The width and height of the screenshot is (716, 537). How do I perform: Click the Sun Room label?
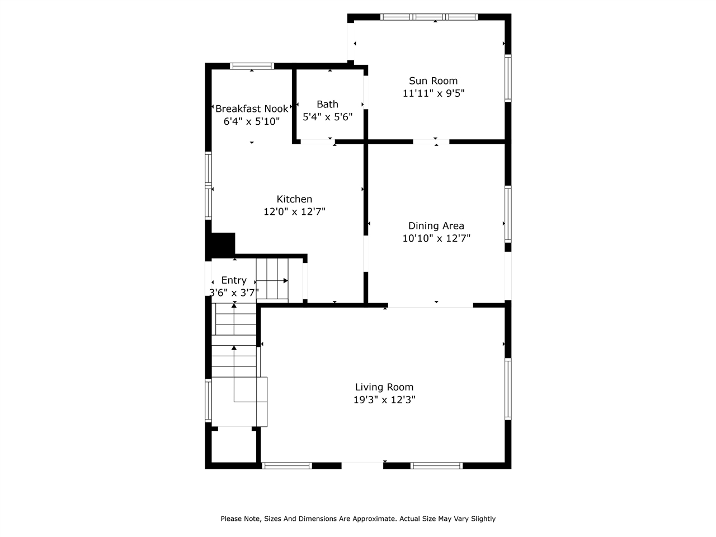pyautogui.click(x=433, y=81)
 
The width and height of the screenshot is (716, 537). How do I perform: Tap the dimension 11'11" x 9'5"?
pyautogui.click(x=433, y=93)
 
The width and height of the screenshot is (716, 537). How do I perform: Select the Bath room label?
pyautogui.click(x=327, y=104)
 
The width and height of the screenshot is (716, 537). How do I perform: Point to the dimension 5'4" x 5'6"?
pyautogui.click(x=327, y=117)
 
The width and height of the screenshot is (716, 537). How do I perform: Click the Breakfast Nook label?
pyautogui.click(x=252, y=109)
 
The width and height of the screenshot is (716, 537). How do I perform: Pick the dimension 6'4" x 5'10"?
pyautogui.click(x=252, y=121)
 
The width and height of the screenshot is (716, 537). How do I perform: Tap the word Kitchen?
pyautogui.click(x=294, y=199)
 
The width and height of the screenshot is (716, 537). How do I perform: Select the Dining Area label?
pyautogui.click(x=436, y=226)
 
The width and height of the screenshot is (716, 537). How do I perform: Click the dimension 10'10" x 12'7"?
pyautogui.click(x=436, y=239)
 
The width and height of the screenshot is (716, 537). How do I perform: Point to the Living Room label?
pyautogui.click(x=384, y=387)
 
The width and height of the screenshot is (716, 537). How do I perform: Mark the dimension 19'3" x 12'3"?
pyautogui.click(x=384, y=400)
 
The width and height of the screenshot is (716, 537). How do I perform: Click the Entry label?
pyautogui.click(x=234, y=280)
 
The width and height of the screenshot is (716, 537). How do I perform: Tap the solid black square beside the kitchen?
pyautogui.click(x=223, y=244)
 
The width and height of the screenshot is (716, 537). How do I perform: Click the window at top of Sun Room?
pyautogui.click(x=429, y=17)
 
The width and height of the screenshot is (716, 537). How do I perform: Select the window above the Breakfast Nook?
pyautogui.click(x=252, y=66)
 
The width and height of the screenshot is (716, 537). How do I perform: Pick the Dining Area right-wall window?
pyautogui.click(x=508, y=214)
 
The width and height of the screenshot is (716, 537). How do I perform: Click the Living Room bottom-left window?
pyautogui.click(x=287, y=465)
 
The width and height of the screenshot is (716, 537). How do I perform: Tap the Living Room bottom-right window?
pyautogui.click(x=436, y=465)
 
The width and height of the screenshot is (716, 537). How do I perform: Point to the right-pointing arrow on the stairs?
pyautogui.click(x=285, y=280)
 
